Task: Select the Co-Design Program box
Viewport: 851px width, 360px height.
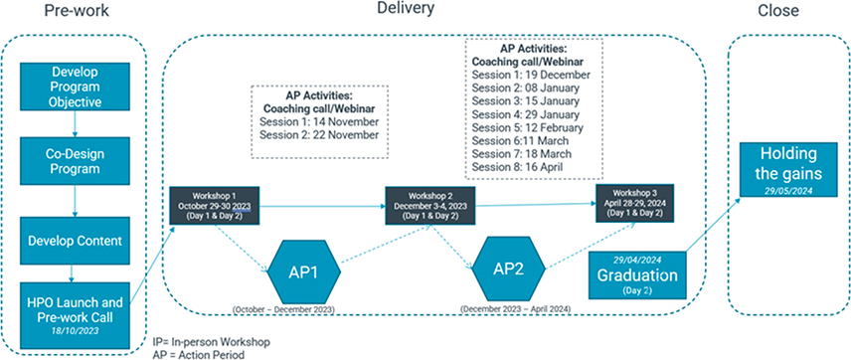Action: [75, 161]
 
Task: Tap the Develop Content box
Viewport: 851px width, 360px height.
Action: [75, 241]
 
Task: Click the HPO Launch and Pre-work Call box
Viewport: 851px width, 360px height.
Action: [75, 314]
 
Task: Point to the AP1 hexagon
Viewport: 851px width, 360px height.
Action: [304, 272]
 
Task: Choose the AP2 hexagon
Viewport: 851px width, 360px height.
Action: [508, 270]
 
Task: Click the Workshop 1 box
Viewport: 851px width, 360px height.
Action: [215, 205]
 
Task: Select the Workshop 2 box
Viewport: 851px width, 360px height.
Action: [430, 205]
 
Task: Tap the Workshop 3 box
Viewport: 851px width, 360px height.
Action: [634, 203]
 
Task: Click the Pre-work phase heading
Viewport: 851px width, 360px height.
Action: [76, 10]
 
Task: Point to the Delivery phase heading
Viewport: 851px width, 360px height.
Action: [406, 8]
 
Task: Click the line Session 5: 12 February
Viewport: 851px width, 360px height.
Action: [528, 128]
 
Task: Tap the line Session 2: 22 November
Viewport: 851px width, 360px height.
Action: [319, 134]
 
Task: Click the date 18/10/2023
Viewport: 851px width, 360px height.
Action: [75, 329]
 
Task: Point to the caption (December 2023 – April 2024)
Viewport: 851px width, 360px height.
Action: [515, 309]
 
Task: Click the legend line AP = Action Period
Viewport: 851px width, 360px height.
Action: [199, 355]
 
